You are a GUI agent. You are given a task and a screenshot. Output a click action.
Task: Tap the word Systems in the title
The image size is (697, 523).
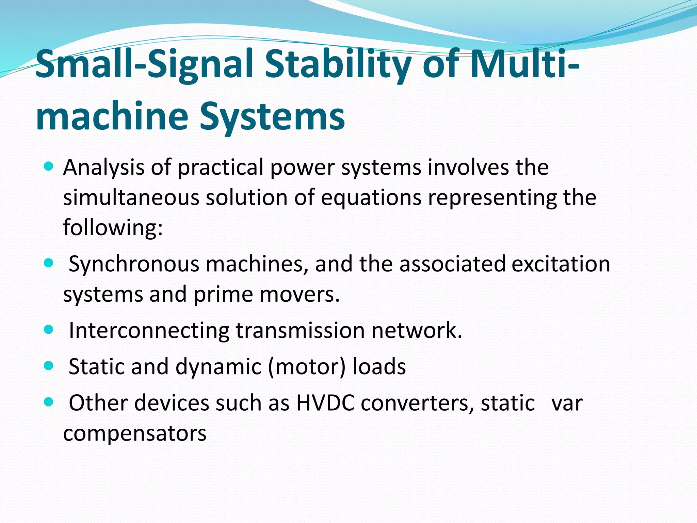pyautogui.click(x=272, y=116)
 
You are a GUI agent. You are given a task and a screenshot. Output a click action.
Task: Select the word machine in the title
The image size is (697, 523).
pyautogui.click(x=112, y=116)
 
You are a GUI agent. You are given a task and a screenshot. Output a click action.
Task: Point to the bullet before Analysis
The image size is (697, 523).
pyautogui.click(x=49, y=167)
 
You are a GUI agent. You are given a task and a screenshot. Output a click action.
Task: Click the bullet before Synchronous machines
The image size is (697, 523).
pyautogui.click(x=49, y=263)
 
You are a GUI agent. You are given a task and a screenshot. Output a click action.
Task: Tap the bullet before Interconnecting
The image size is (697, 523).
pyautogui.click(x=49, y=329)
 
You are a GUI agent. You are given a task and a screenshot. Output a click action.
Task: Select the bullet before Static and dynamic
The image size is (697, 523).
pyautogui.click(x=49, y=366)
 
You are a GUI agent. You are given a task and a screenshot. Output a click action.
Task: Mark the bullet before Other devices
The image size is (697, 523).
pyautogui.click(x=49, y=402)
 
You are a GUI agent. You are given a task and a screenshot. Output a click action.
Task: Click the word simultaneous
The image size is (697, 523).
pyautogui.click(x=131, y=197)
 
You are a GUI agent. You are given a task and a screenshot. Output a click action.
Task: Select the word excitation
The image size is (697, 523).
pyautogui.click(x=561, y=264)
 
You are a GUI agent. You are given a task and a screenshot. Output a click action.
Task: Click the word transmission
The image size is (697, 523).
pyautogui.click(x=300, y=330)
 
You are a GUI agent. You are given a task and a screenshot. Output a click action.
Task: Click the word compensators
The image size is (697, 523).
pyautogui.click(x=135, y=433)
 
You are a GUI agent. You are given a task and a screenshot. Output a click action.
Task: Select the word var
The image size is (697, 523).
pyautogui.click(x=567, y=403)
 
